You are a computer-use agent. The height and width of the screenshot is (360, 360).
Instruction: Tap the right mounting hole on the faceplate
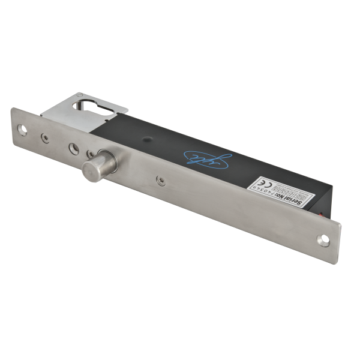point(323,241)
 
